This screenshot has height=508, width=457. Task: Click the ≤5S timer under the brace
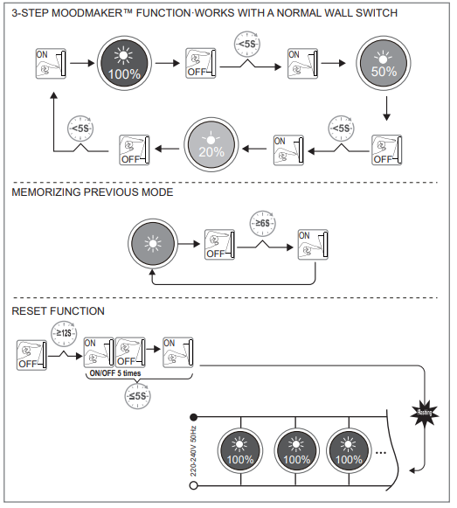pos(137,396)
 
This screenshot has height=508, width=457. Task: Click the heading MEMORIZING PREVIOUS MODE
pos(92,192)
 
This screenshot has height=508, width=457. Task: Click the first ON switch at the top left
pos(49,63)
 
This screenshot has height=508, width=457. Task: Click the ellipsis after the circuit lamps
pos(381,454)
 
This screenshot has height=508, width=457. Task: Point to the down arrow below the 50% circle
pos(385,110)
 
